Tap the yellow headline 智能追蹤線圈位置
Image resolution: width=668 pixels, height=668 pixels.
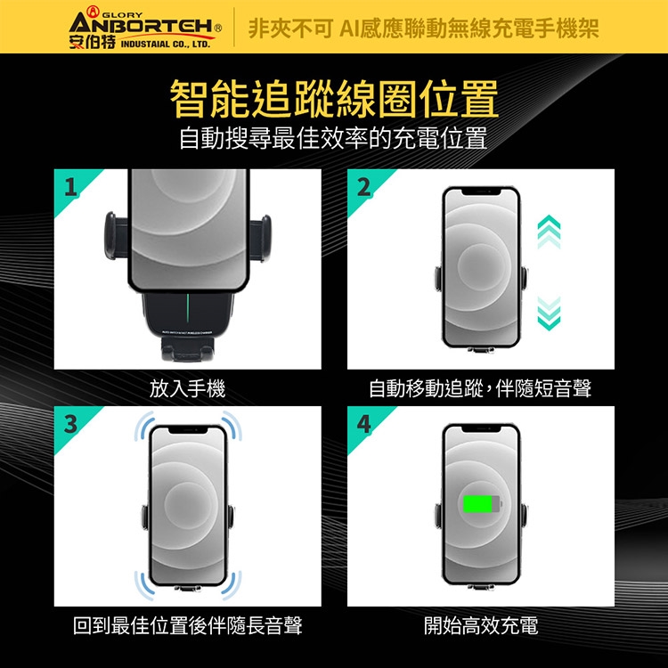coord(334,99)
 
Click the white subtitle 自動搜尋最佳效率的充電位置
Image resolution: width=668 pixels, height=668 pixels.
coord(333,138)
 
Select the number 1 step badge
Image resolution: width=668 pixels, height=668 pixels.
coord(70,187)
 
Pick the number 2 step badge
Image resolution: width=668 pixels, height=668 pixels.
coord(363,187)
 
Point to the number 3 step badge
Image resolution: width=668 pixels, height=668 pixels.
coord(70,423)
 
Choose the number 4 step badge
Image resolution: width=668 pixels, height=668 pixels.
coord(363,423)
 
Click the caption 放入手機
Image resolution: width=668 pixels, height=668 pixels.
coord(187,388)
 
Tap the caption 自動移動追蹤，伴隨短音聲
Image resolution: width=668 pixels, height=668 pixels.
coord(480,388)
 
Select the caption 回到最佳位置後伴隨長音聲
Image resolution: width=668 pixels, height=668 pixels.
coord(187,625)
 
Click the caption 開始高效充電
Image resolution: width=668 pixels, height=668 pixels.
coord(481,625)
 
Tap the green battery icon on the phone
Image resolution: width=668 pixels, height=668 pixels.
coord(482,504)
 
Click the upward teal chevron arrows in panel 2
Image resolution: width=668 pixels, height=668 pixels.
coord(549,232)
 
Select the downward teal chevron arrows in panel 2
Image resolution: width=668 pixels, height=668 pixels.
coord(549,314)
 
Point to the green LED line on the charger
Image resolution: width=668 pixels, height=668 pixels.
coord(187,309)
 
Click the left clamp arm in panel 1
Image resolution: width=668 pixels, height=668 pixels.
coord(116,236)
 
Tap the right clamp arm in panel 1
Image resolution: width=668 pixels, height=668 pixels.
coord(259,238)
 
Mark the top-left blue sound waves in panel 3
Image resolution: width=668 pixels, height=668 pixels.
coord(144,426)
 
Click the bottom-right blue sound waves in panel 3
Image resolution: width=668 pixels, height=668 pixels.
coord(232,586)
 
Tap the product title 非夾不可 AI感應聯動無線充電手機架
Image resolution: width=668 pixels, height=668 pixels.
coord(423,29)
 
